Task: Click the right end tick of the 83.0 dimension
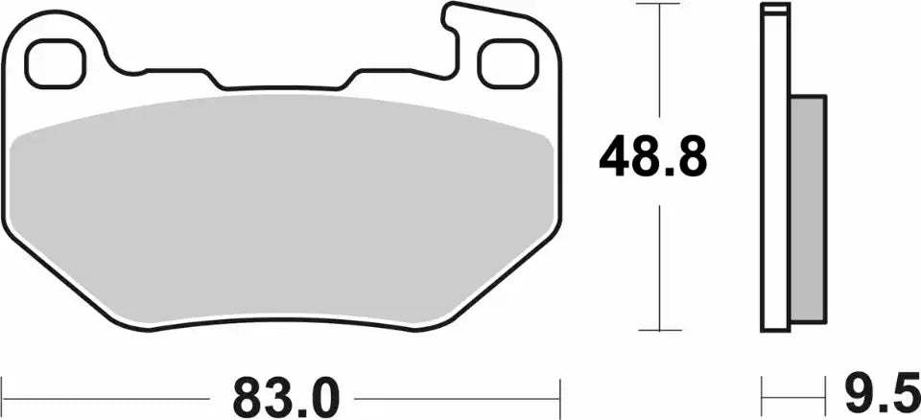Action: tap(559, 394)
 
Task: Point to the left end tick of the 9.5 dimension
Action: tap(763, 394)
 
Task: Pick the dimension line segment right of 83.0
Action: tap(456, 394)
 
